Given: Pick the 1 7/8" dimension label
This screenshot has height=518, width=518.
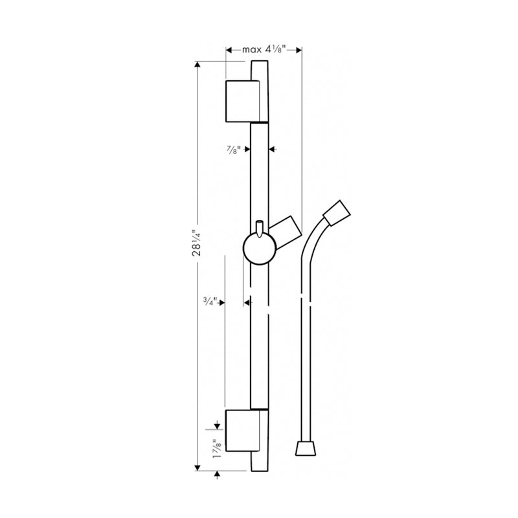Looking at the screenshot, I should pos(216,449).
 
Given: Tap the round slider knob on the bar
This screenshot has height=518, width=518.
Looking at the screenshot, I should pos(258,249).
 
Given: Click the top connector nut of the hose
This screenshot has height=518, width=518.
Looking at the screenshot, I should pos(338,214).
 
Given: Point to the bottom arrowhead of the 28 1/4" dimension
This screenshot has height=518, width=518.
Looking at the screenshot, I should pos(197,467).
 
